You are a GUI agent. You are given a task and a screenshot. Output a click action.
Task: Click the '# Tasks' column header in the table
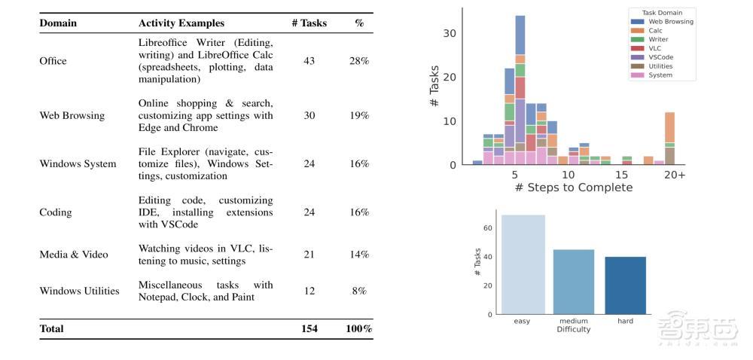[309, 23]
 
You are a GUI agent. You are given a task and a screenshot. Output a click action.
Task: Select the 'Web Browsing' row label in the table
[72, 116]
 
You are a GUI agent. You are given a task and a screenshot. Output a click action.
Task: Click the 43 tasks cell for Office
[309, 61]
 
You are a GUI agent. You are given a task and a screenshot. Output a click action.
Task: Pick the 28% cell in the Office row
[359, 61]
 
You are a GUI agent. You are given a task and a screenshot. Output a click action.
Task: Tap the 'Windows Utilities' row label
[79, 291]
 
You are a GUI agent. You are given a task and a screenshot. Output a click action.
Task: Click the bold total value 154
[309, 328]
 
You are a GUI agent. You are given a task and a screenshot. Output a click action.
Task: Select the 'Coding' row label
[54, 212]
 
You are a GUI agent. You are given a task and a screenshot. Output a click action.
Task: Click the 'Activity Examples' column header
[181, 23]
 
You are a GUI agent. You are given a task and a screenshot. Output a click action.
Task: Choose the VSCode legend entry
[660, 57]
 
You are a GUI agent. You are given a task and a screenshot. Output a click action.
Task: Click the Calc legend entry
[654, 31]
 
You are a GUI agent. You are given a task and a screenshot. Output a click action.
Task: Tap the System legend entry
[660, 75]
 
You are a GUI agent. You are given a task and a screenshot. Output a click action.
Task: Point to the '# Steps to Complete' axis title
[574, 188]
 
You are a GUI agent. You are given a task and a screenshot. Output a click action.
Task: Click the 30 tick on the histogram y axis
[450, 33]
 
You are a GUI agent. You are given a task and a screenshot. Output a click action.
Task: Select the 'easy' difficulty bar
[523, 264]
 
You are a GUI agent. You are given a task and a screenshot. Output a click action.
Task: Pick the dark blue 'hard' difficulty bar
[625, 285]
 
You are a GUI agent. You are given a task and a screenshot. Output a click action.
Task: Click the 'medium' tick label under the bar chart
[574, 322]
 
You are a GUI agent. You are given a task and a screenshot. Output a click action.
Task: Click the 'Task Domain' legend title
[663, 13]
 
